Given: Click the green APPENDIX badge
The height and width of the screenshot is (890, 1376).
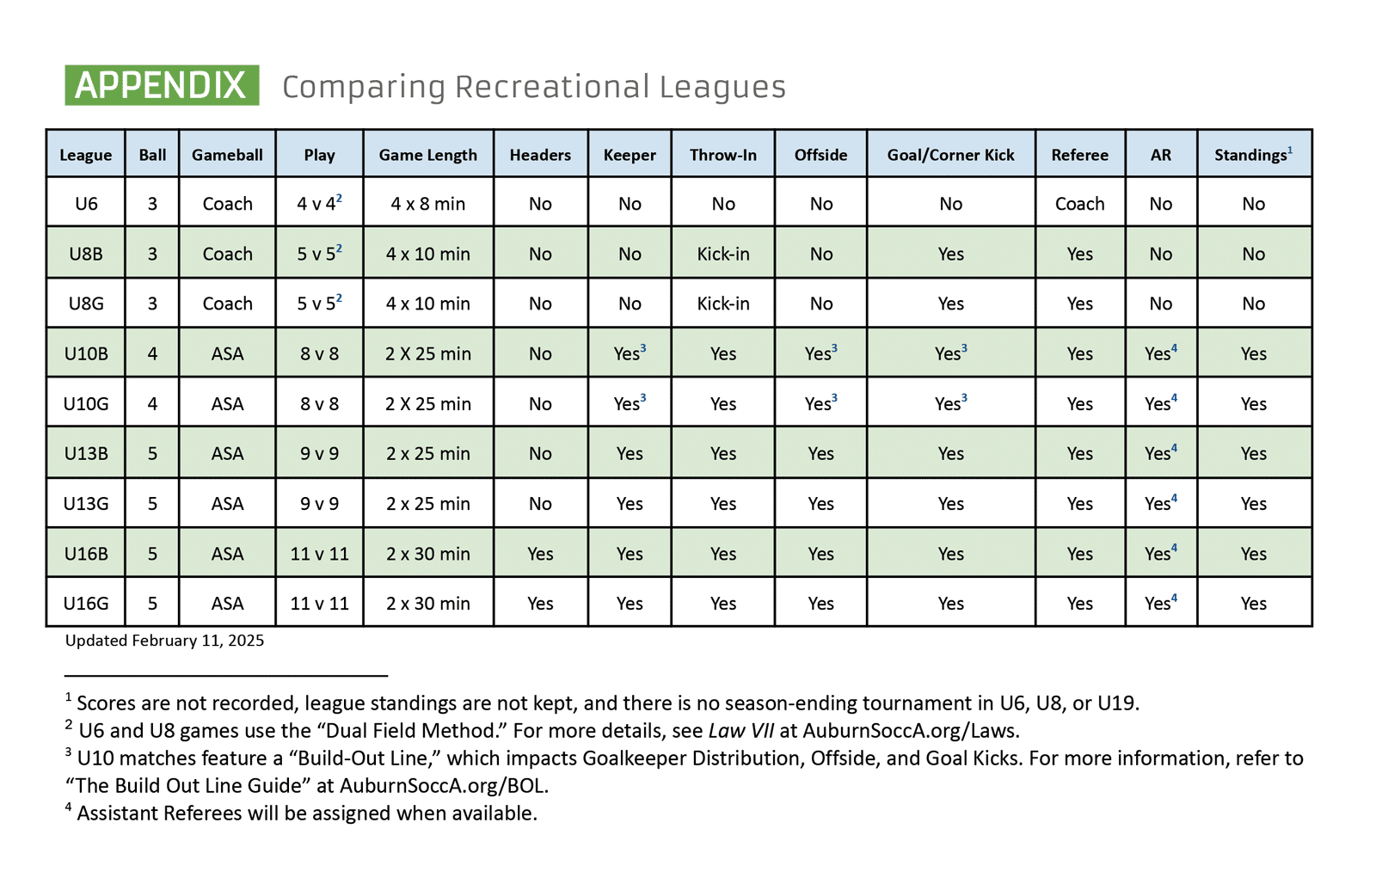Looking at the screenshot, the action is click(x=163, y=85).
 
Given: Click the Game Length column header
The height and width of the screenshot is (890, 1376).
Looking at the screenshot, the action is click(x=428, y=155).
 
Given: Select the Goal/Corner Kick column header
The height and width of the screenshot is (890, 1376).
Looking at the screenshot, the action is click(x=951, y=155).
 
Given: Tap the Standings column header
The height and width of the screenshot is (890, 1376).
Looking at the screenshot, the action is click(x=1253, y=154).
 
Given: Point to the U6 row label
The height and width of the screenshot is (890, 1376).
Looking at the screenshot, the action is click(x=86, y=203).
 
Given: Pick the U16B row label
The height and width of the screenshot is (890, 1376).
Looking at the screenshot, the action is click(x=86, y=554).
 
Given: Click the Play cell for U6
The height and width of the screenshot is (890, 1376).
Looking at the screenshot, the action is click(x=319, y=203).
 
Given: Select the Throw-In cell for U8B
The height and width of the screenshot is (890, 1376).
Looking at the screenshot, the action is click(x=723, y=254).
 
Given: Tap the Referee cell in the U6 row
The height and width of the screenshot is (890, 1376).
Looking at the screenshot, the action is click(x=1080, y=203).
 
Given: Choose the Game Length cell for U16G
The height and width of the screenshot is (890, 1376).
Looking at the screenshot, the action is click(x=428, y=603).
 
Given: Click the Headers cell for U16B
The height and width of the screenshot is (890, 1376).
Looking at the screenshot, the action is click(x=541, y=554).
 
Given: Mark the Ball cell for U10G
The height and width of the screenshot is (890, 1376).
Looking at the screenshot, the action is click(x=152, y=403).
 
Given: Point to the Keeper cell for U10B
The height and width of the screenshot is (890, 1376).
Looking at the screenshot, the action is click(x=630, y=353).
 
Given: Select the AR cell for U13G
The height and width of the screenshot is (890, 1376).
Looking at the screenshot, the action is click(x=1161, y=502).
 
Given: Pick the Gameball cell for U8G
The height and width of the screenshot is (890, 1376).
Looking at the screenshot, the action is click(x=227, y=304).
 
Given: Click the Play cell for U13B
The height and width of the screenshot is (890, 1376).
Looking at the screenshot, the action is click(x=319, y=453).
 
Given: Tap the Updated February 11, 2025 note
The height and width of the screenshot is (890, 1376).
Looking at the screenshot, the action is click(x=164, y=641).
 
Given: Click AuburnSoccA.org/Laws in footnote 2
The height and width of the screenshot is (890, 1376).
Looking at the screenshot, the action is click(x=911, y=731).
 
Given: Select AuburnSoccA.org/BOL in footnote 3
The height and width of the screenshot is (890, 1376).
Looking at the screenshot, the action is click(x=444, y=786).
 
